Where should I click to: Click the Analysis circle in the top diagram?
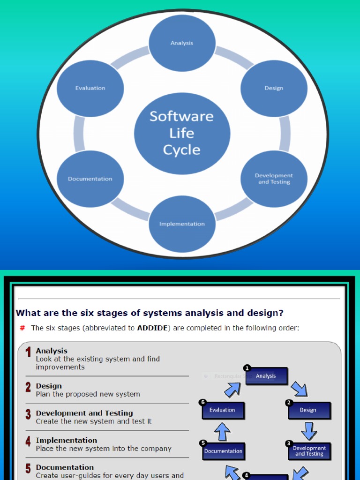(x=182, y=43)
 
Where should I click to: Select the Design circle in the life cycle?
(x=274, y=88)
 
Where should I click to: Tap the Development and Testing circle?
(x=274, y=179)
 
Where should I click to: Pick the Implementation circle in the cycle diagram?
(x=182, y=224)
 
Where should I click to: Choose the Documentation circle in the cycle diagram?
(x=90, y=179)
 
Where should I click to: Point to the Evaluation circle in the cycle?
(x=90, y=88)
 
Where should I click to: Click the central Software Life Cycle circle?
(x=182, y=133)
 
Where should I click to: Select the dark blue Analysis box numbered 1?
(x=266, y=376)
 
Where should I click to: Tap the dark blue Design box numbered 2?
(x=308, y=410)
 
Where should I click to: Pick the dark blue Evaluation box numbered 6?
(x=223, y=410)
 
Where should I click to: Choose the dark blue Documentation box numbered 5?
(x=224, y=451)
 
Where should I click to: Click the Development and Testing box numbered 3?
(x=309, y=451)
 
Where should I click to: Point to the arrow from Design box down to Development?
(x=309, y=430)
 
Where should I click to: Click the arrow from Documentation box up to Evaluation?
(x=222, y=431)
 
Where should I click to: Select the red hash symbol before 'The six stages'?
(x=22, y=328)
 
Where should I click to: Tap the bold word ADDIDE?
(x=154, y=328)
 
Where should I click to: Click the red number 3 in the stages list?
(x=28, y=414)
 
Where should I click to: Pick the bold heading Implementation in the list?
(x=66, y=440)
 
